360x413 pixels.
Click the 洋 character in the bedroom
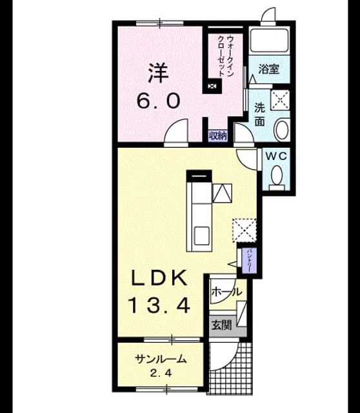coord(158,73)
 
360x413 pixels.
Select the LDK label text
coord(159,277)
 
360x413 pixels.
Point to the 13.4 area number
coord(159,305)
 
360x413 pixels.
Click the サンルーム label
coord(161,359)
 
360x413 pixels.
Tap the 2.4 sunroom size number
coord(161,373)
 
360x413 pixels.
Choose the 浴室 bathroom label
coord(268,69)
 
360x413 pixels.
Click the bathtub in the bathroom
coord(269,41)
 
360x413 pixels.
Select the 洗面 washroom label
coord(259,115)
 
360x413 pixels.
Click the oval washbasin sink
coord(281,129)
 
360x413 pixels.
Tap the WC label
coord(276,156)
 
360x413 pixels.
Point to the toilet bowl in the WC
coord(277,175)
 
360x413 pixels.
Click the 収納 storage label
coord(218,136)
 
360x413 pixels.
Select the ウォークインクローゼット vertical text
coord(226,57)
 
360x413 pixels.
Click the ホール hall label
coord(226,292)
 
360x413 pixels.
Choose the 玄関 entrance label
coord(221,326)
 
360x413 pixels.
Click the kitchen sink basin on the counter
coord(202,236)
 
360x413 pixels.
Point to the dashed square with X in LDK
coord(244,230)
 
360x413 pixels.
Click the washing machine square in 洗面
coord(280,100)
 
